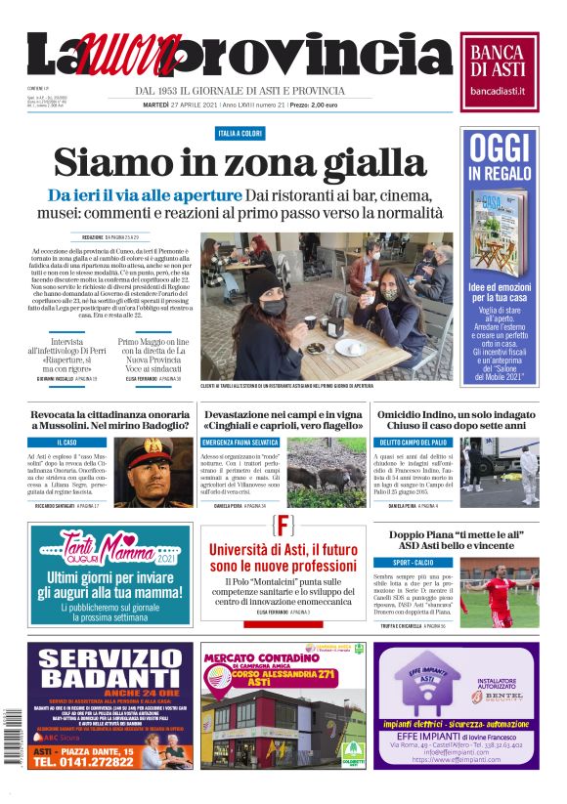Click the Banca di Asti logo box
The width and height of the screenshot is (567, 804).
[x=500, y=67]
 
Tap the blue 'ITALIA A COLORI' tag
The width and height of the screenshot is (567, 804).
[x=240, y=132]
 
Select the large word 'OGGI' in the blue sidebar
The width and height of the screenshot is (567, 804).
[x=500, y=148]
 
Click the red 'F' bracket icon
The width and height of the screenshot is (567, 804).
[x=283, y=525]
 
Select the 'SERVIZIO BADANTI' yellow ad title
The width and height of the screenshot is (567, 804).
[x=115, y=669]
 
